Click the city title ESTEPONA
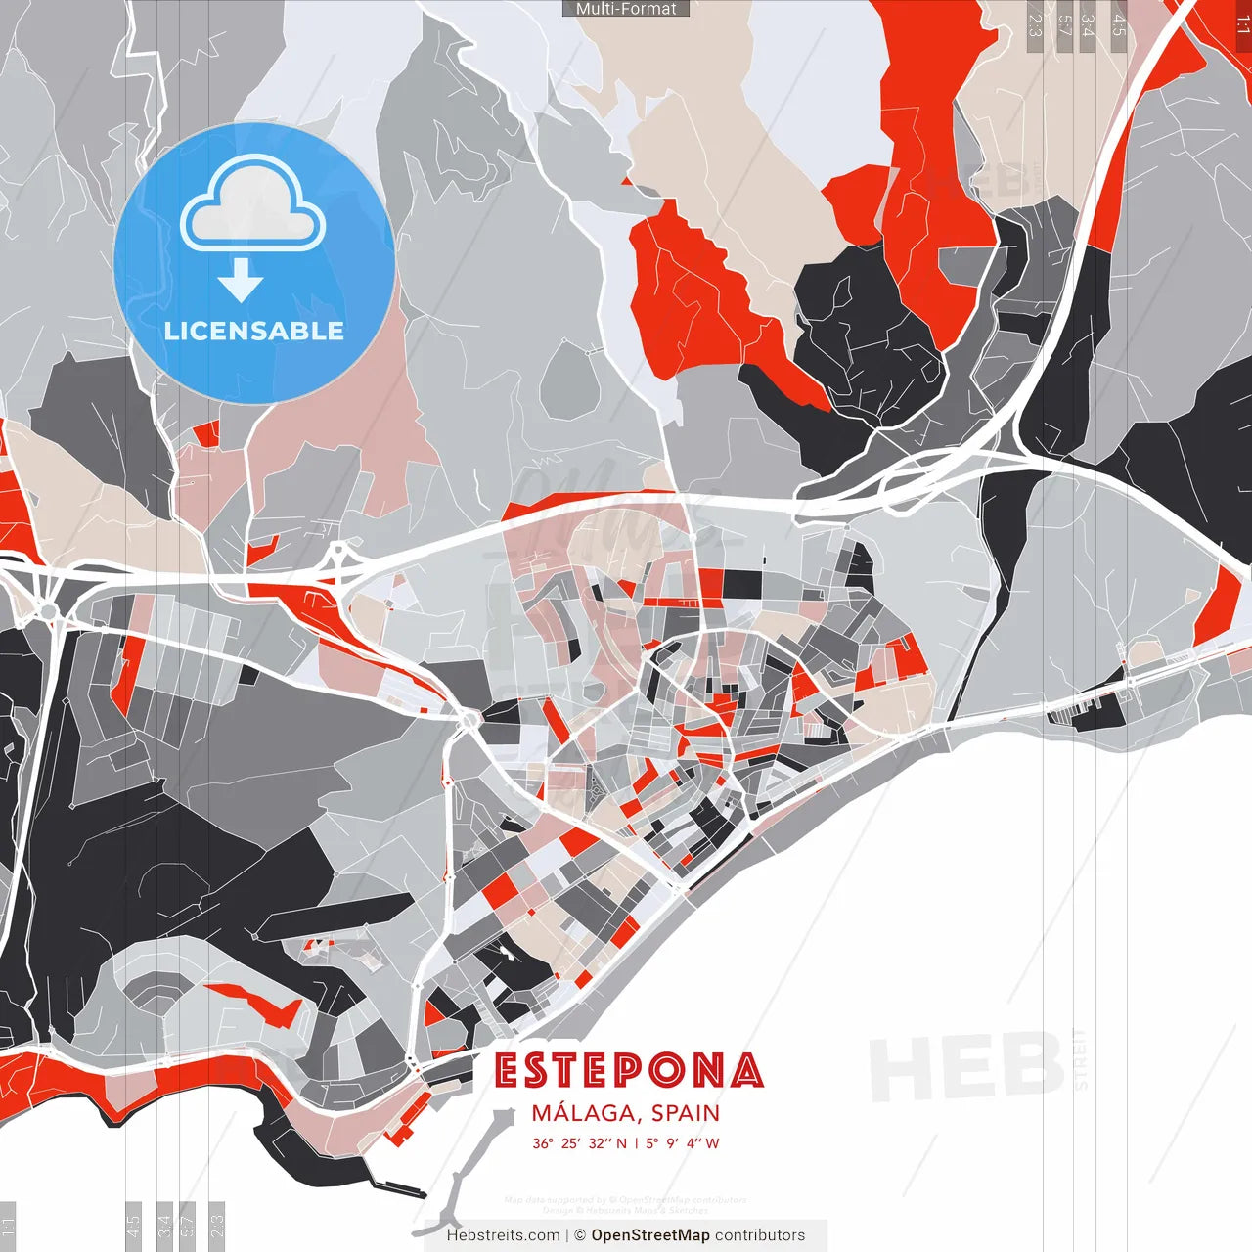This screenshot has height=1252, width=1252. (628, 1071)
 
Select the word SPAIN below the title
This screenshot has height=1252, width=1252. (686, 1113)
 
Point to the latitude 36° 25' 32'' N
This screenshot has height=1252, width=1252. (579, 1143)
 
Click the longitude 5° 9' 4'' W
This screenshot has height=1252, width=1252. (683, 1143)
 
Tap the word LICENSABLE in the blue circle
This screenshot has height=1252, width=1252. (254, 331)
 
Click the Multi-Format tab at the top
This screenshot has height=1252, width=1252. (626, 9)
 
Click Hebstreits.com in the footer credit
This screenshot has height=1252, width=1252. (503, 1235)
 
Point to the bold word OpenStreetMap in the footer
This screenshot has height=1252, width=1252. (650, 1235)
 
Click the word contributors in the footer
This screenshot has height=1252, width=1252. (760, 1235)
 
